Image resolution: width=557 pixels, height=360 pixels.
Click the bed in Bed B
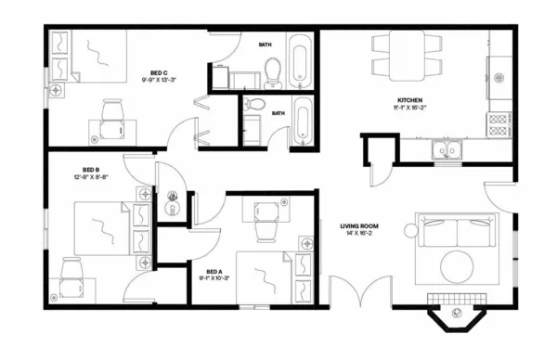tap(97, 227)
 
